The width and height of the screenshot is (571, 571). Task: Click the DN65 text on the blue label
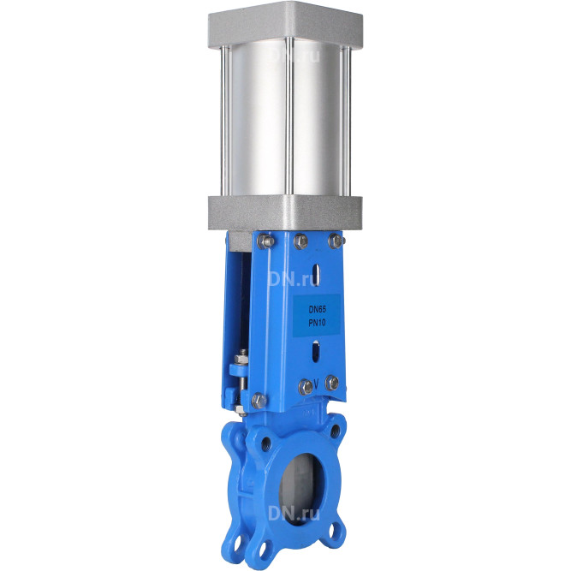(x=318, y=310)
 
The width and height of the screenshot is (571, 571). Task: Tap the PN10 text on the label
(x=318, y=322)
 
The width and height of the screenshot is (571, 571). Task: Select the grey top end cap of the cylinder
(x=286, y=25)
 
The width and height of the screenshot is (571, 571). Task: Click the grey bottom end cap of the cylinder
(x=286, y=213)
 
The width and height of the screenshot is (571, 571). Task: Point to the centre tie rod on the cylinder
(x=289, y=116)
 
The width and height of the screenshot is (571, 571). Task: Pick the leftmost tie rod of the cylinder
(x=226, y=121)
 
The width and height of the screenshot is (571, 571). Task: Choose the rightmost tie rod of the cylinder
(x=347, y=121)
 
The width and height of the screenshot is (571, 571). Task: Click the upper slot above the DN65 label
(x=318, y=275)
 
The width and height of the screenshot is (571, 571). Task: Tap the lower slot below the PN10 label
(x=316, y=351)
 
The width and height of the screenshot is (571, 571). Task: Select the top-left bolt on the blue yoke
(x=266, y=241)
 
